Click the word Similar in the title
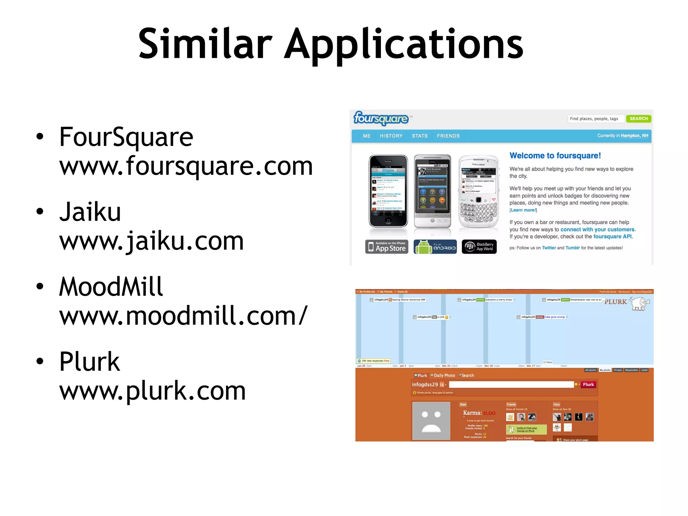coord(205,44)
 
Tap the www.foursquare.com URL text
coord(186,166)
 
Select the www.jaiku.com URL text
coord(151,241)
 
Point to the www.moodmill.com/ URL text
coord(183,316)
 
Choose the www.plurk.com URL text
coord(152,391)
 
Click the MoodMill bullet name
coord(111,287)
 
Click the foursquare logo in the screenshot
coord(381,118)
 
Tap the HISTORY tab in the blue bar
coord(391,136)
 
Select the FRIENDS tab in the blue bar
coord(448,136)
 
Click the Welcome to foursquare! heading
coord(555,156)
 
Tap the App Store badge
coord(387,247)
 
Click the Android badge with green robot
coord(435,247)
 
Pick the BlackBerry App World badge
coord(479,247)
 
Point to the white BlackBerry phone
coord(479,191)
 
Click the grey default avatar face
coord(431,421)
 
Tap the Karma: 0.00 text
coord(479,413)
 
